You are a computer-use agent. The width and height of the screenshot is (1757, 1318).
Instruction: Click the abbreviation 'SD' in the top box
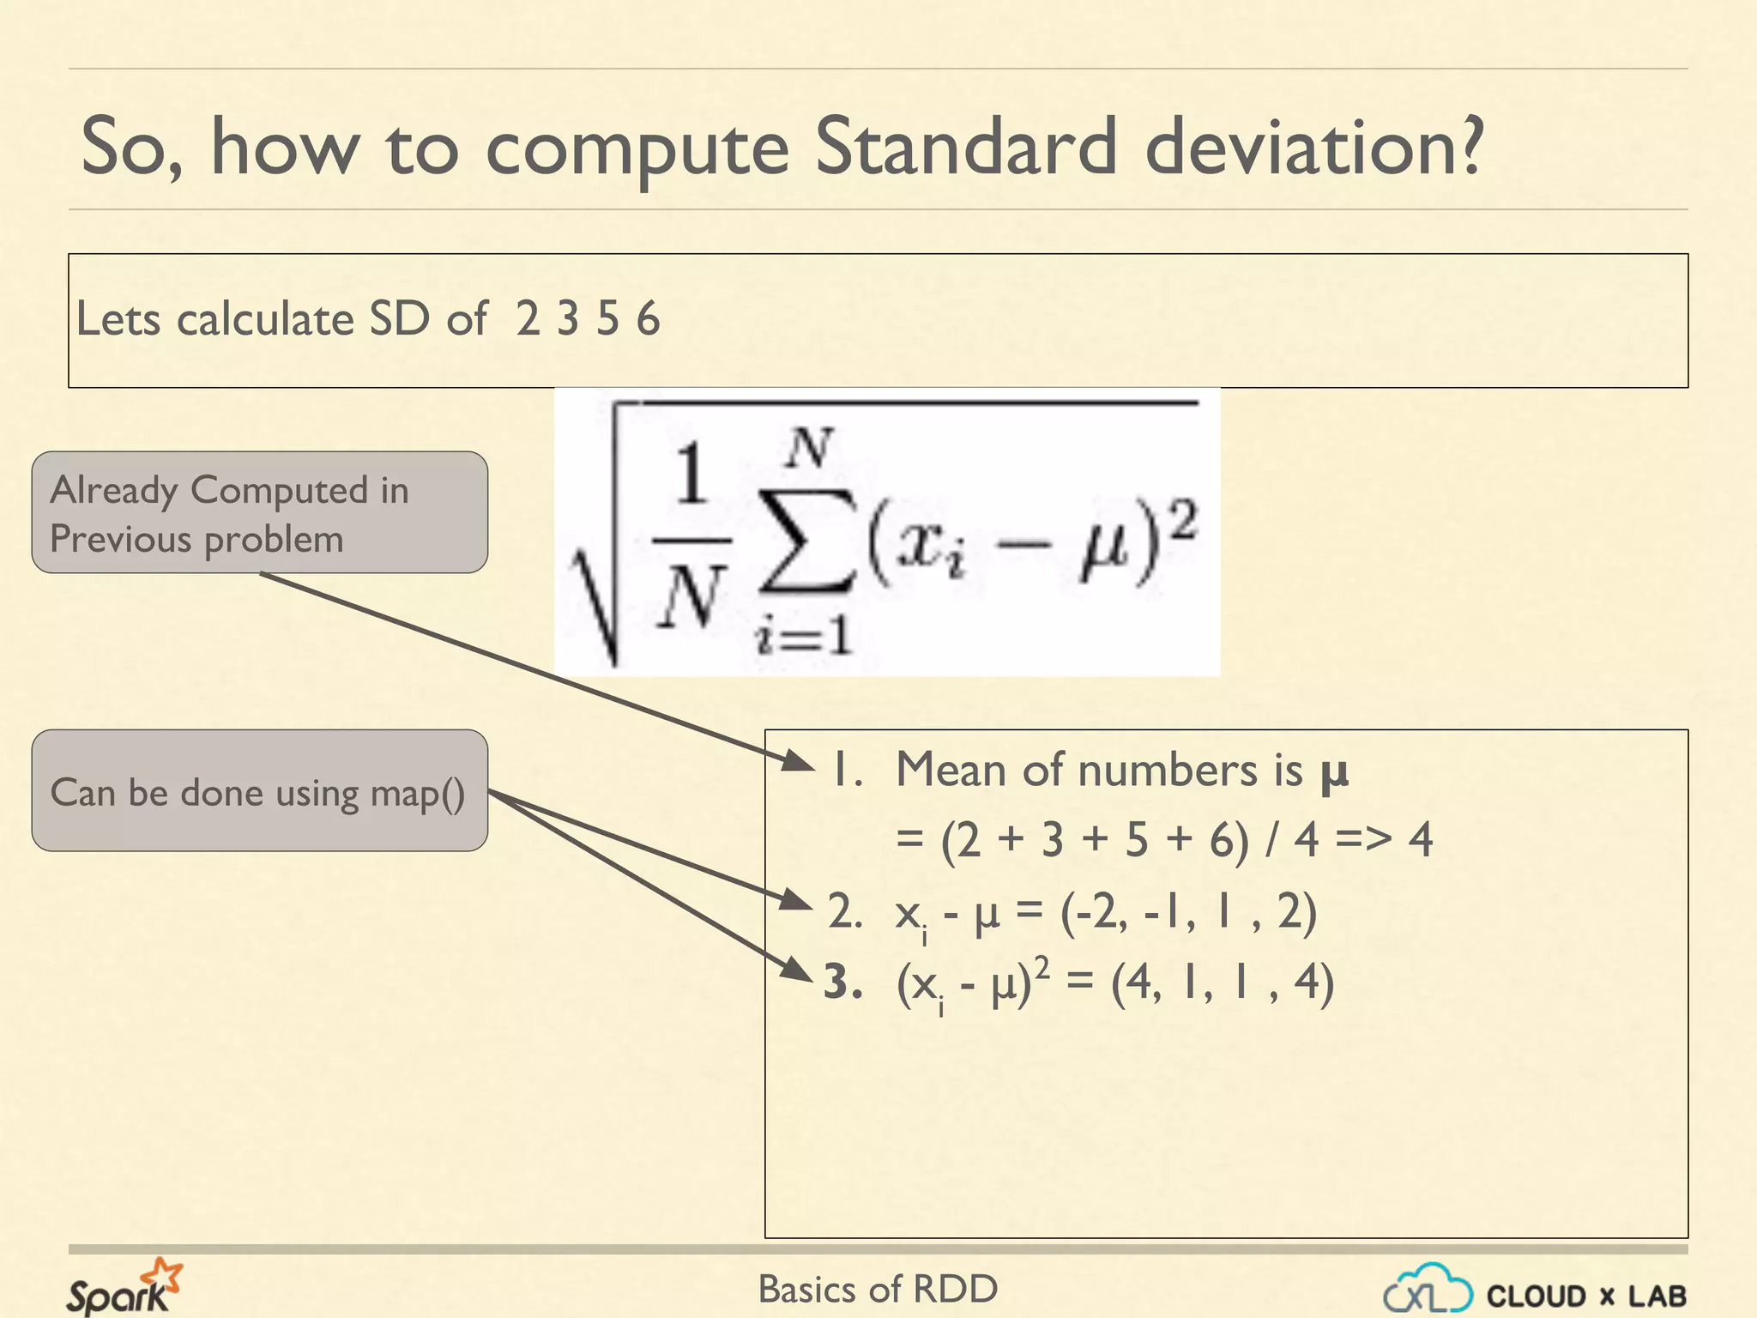coord(399,319)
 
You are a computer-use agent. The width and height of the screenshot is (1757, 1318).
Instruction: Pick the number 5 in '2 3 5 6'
coord(607,319)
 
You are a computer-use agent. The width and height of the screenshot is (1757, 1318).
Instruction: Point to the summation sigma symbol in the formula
coord(805,542)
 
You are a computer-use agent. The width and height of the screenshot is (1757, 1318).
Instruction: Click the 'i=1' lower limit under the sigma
coord(803,638)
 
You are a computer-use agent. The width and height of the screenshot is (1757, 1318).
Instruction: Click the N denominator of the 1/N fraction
coord(691,597)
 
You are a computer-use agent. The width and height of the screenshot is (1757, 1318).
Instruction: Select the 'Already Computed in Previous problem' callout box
coord(260,512)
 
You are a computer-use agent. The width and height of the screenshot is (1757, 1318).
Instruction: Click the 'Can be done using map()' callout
coord(260,790)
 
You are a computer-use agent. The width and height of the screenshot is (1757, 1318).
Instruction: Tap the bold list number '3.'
coord(842,982)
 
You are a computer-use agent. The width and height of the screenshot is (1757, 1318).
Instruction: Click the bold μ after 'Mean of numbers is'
coord(1334,771)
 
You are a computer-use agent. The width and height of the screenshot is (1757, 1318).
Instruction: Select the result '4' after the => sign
coord(1420,839)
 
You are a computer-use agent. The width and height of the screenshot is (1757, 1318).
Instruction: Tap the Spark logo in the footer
coord(124,1287)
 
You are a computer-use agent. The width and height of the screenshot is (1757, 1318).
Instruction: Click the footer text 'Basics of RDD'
coord(878,1289)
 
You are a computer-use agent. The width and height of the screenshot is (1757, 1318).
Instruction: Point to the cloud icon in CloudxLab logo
coord(1428,1289)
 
